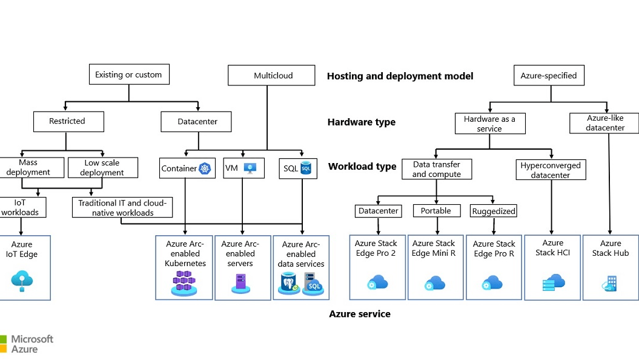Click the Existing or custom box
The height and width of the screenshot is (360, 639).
tap(128, 75)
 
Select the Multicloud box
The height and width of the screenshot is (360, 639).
tap(272, 76)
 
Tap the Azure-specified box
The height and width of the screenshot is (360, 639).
tap(549, 76)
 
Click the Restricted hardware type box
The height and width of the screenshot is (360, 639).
tap(67, 121)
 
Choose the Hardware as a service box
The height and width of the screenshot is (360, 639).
tap(489, 123)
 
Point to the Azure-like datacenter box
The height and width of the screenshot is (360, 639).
tap(605, 123)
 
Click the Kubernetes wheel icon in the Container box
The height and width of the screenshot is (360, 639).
tap(206, 168)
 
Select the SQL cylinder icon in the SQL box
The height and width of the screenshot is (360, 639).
tap(306, 168)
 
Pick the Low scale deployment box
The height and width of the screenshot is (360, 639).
tap(102, 167)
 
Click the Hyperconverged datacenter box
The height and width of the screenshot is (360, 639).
tap(551, 170)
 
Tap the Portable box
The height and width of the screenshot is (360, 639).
tap(436, 211)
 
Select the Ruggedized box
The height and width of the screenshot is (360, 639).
tap(494, 211)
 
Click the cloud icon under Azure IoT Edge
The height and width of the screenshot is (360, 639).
tap(22, 280)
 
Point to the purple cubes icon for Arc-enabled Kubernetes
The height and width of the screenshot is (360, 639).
tap(185, 282)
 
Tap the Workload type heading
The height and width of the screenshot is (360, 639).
tap(362, 167)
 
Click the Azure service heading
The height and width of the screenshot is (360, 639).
tap(360, 314)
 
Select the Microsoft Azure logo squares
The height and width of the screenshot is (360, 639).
tap(3, 344)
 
